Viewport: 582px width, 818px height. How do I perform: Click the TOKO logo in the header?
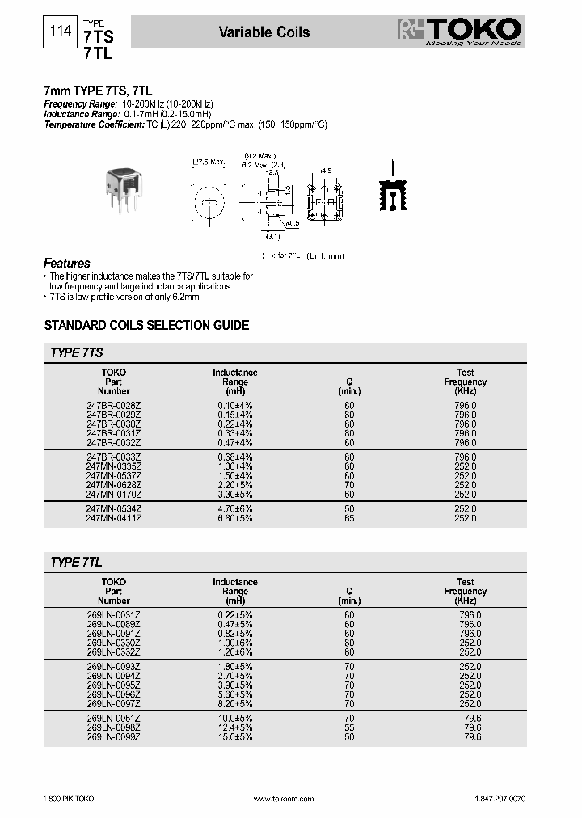461,32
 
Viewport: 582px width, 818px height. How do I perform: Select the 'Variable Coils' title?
264,32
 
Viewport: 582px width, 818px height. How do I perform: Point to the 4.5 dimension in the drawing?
326,171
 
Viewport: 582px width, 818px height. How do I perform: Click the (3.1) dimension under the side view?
272,237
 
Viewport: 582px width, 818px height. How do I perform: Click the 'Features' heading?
66,264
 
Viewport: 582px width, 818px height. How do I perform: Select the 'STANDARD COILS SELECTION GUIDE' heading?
145,326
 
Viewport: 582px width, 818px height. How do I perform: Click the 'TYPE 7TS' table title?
76,353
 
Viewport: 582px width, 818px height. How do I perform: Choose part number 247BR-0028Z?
113,404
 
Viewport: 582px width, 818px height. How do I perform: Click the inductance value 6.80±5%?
235,518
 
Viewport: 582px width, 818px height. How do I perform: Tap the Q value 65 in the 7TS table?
349,518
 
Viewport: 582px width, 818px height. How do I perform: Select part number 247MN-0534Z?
113,509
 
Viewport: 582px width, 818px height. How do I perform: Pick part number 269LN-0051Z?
113,719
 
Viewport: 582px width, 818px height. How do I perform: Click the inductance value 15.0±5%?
235,737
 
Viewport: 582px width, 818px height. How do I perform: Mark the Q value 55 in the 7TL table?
349,727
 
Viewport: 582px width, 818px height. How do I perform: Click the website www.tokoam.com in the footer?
282,799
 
